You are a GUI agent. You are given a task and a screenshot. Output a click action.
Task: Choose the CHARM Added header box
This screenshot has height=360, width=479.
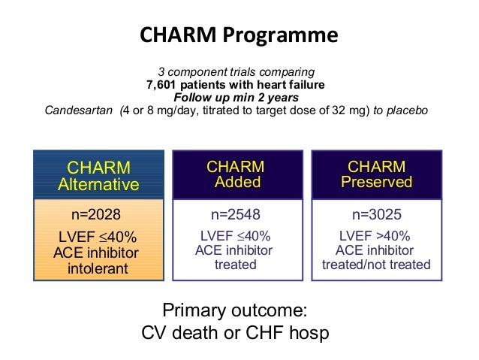[x=238, y=174]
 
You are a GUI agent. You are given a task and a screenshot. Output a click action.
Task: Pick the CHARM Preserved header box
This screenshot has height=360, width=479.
[x=377, y=174]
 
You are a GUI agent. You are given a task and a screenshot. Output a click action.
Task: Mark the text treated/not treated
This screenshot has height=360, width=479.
[x=377, y=265]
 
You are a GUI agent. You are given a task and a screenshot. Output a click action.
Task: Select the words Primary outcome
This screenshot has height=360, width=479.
[x=234, y=310]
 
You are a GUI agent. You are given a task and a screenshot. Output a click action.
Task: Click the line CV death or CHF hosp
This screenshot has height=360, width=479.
[x=235, y=332]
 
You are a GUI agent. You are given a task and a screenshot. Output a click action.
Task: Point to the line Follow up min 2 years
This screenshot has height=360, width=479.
[x=236, y=97]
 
